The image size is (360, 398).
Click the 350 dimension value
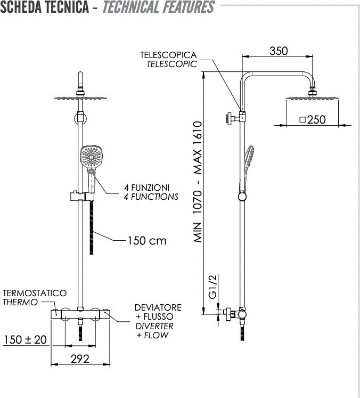[x=279, y=51]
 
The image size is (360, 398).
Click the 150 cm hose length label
[x=146, y=241]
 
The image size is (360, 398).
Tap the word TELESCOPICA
[x=168, y=55]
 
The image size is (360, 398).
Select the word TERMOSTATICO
[x=35, y=293]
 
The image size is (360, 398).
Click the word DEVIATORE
[x=158, y=307]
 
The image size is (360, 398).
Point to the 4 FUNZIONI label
[x=146, y=188]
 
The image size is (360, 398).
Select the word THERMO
[x=20, y=302]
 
